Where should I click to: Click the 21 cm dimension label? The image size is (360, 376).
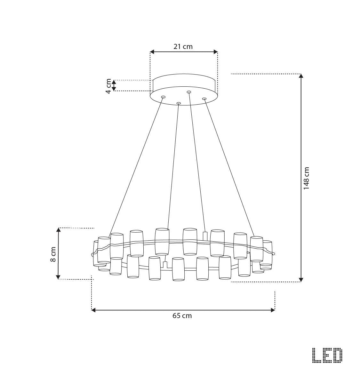click(183, 46)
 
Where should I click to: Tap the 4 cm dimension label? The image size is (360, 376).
click(109, 86)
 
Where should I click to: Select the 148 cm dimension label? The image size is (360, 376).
click(306, 178)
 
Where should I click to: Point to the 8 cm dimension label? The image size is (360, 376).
click(53, 254)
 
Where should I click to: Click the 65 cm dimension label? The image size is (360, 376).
click(182, 316)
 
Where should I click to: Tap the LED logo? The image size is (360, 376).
click(327, 356)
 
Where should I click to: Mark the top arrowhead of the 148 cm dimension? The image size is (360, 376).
click(301, 76)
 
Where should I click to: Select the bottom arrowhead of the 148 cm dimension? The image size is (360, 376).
click(301, 280)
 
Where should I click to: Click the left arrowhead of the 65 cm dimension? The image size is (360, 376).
click(93, 310)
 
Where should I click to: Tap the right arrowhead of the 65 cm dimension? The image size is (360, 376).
click(273, 310)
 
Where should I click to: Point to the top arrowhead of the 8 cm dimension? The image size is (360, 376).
click(58, 230)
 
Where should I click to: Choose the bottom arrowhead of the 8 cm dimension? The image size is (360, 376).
click(58, 277)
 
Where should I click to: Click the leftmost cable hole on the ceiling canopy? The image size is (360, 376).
click(163, 97)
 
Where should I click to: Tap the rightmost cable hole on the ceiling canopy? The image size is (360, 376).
click(204, 99)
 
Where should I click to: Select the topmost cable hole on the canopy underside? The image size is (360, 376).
click(189, 92)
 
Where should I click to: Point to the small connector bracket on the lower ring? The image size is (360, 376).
click(165, 265)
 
